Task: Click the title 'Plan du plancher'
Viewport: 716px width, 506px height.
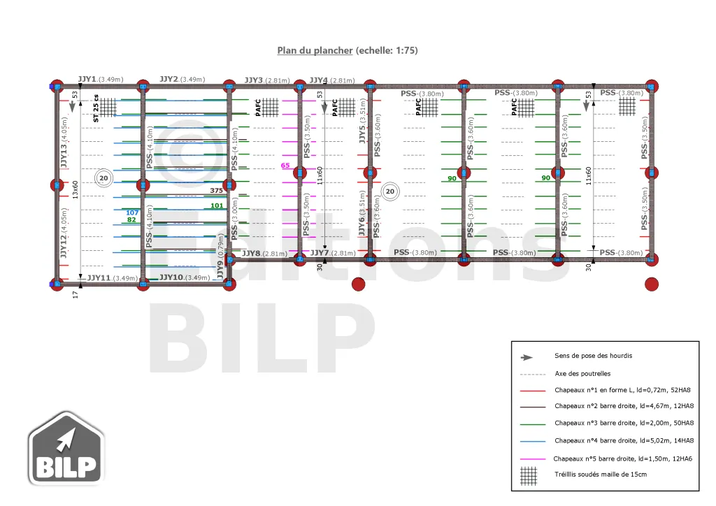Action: (x=315, y=50)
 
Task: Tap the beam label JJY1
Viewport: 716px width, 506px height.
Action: (x=87, y=79)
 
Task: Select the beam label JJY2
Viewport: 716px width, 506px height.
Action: (x=169, y=79)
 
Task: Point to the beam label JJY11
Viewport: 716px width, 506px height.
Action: (x=98, y=277)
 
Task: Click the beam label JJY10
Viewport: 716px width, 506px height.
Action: (x=171, y=277)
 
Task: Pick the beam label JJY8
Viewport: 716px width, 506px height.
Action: (x=251, y=253)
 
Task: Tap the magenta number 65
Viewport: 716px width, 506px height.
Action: (x=285, y=166)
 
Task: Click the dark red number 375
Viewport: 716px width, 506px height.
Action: (x=216, y=190)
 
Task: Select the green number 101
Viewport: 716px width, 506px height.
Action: (x=217, y=205)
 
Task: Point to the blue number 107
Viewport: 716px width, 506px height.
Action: (x=132, y=212)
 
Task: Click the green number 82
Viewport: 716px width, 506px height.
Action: (x=131, y=219)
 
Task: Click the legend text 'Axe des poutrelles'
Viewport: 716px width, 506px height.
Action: (x=582, y=373)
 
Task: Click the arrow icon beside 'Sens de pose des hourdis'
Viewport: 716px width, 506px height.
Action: (x=527, y=356)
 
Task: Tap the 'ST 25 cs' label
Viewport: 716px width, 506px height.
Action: (x=96, y=108)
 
